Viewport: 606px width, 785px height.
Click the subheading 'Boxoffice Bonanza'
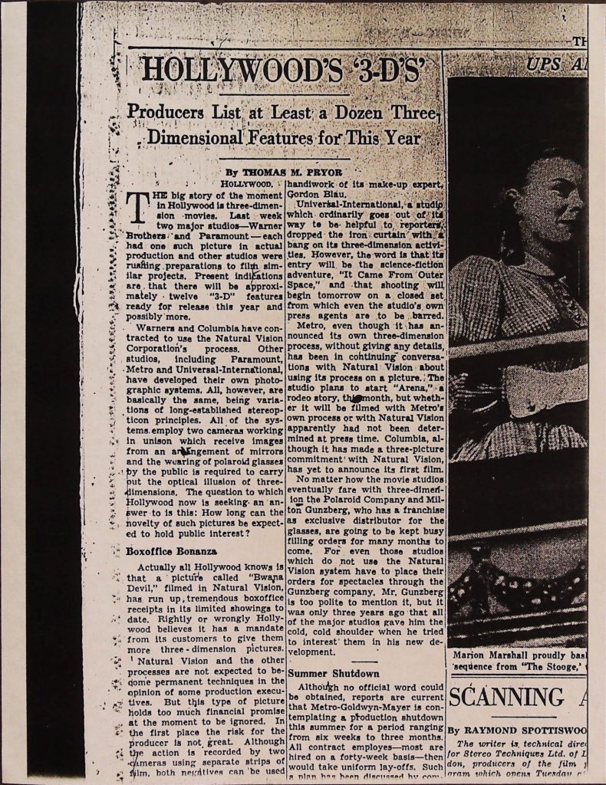(x=171, y=550)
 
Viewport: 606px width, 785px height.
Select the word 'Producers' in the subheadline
(x=169, y=112)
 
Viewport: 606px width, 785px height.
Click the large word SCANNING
(x=506, y=698)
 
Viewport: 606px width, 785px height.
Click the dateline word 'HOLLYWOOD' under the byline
(x=246, y=185)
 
